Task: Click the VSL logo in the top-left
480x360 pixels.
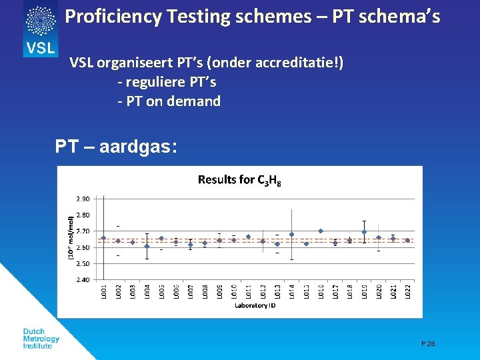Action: click(41, 28)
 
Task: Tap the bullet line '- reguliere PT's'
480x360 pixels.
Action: click(167, 83)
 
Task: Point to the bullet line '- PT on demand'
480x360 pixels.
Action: click(169, 101)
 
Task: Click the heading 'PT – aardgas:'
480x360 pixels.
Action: click(116, 147)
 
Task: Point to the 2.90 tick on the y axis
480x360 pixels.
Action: click(83, 199)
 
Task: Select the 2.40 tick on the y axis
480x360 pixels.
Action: click(83, 280)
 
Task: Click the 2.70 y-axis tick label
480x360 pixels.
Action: click(83, 231)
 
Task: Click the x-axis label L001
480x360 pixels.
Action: click(103, 291)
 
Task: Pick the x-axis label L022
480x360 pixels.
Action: click(407, 291)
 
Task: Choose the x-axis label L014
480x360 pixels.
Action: click(292, 291)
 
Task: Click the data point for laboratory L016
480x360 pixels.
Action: click(321, 231)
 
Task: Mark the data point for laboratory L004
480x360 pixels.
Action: click(147, 246)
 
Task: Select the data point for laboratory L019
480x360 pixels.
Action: click(364, 232)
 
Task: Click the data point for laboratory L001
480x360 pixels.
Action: click(103, 238)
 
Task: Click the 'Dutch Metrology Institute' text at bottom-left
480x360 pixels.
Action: click(41, 339)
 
